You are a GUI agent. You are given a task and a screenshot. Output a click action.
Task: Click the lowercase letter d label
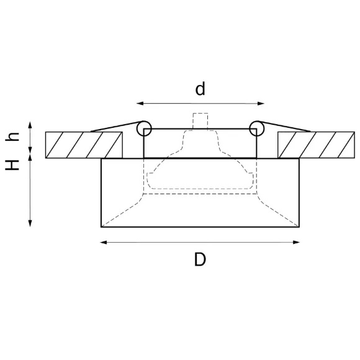tap(200, 89)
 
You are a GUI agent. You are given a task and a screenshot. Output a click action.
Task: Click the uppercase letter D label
tap(200, 259)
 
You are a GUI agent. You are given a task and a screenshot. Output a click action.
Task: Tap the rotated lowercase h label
tap(12, 137)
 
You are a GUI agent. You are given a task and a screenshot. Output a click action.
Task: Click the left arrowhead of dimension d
tap(140, 103)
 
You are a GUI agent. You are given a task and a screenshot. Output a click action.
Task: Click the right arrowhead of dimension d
tap(261, 104)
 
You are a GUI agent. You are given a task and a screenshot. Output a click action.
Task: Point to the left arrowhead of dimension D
tap(104, 242)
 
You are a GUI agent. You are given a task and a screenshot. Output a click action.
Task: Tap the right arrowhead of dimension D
tap(297, 242)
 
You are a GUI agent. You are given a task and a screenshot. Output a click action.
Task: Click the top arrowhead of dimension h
tap(30, 125)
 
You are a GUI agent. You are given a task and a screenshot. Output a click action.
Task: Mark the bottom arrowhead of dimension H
tap(30, 223)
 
